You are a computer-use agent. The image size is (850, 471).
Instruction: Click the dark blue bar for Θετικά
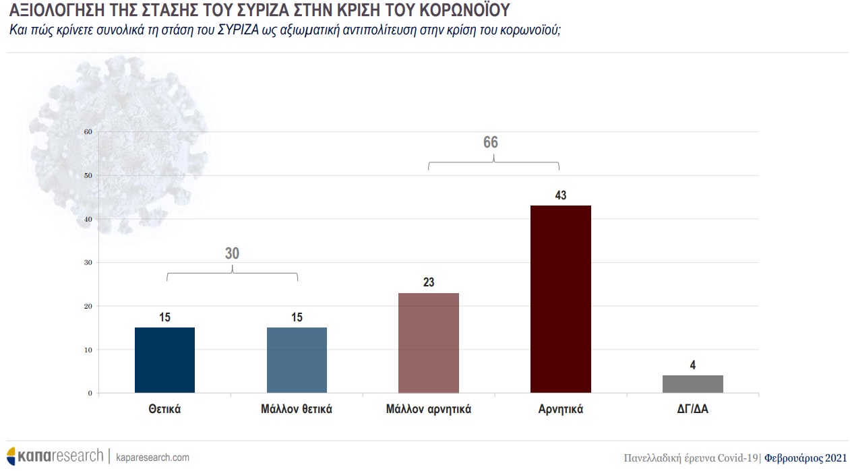(x=164, y=360)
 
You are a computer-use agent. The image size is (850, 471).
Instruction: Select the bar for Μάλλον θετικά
(x=297, y=360)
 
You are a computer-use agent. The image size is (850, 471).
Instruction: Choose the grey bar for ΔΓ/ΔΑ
(x=692, y=384)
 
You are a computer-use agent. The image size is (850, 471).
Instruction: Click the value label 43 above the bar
(x=560, y=195)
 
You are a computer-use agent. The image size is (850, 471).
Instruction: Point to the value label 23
(x=429, y=282)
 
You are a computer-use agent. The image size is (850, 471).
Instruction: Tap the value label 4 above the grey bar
(x=692, y=365)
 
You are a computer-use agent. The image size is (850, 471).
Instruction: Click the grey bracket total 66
(x=491, y=142)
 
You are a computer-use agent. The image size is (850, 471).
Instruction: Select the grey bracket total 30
(x=232, y=253)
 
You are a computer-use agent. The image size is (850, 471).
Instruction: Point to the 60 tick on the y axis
(x=88, y=132)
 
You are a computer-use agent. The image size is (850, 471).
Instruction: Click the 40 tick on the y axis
(x=88, y=219)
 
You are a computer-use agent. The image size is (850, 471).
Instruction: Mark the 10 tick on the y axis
(x=88, y=350)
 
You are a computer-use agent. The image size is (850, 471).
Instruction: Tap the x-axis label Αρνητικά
(x=560, y=409)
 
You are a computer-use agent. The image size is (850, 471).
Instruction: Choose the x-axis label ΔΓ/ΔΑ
(x=692, y=409)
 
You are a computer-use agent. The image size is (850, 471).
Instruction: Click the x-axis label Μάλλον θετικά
(x=297, y=409)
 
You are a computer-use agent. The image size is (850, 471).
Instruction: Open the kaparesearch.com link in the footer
(x=153, y=458)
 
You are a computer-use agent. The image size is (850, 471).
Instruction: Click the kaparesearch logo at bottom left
(x=55, y=456)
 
